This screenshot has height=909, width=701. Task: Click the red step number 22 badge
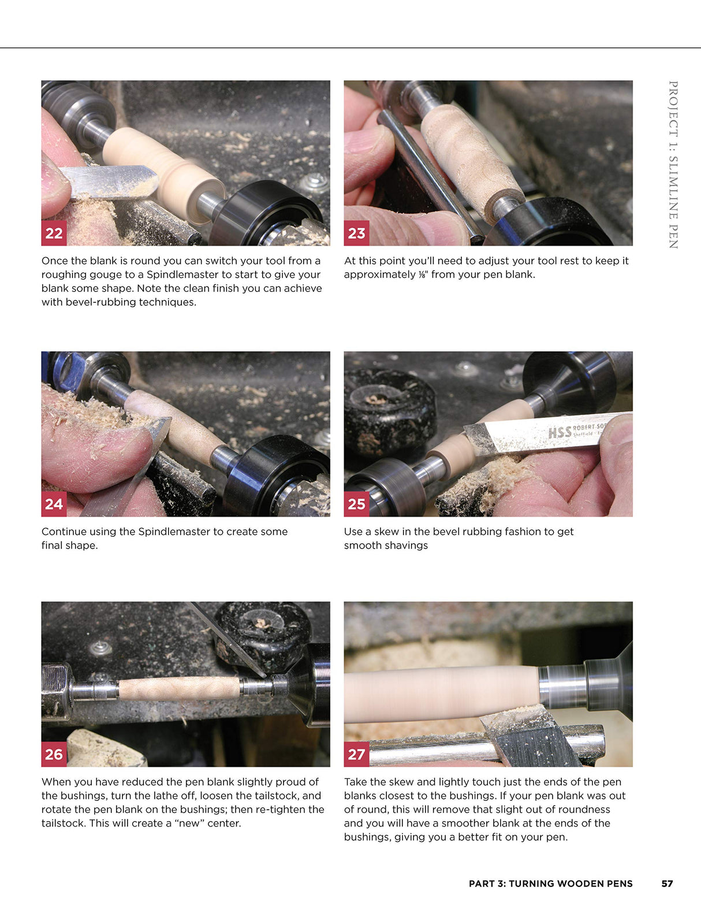click(x=54, y=233)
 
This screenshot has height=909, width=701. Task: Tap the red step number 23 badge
click(x=356, y=233)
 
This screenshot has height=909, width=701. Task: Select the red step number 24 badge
click(x=54, y=504)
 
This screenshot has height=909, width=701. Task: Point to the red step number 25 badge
click(x=356, y=504)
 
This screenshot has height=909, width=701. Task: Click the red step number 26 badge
click(x=54, y=754)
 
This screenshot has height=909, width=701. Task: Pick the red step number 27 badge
click(x=356, y=754)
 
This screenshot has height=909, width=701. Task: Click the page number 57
click(x=667, y=884)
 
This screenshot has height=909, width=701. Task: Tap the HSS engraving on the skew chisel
click(x=559, y=431)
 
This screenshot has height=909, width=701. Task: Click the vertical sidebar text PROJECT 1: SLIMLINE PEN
click(x=673, y=165)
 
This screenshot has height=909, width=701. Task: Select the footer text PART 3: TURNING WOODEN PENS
click(x=550, y=884)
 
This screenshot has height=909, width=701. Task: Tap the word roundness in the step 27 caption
click(x=586, y=809)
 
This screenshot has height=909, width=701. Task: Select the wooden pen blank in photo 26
click(x=179, y=688)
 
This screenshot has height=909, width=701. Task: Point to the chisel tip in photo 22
click(x=151, y=179)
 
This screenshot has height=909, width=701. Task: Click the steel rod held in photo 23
click(x=430, y=173)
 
